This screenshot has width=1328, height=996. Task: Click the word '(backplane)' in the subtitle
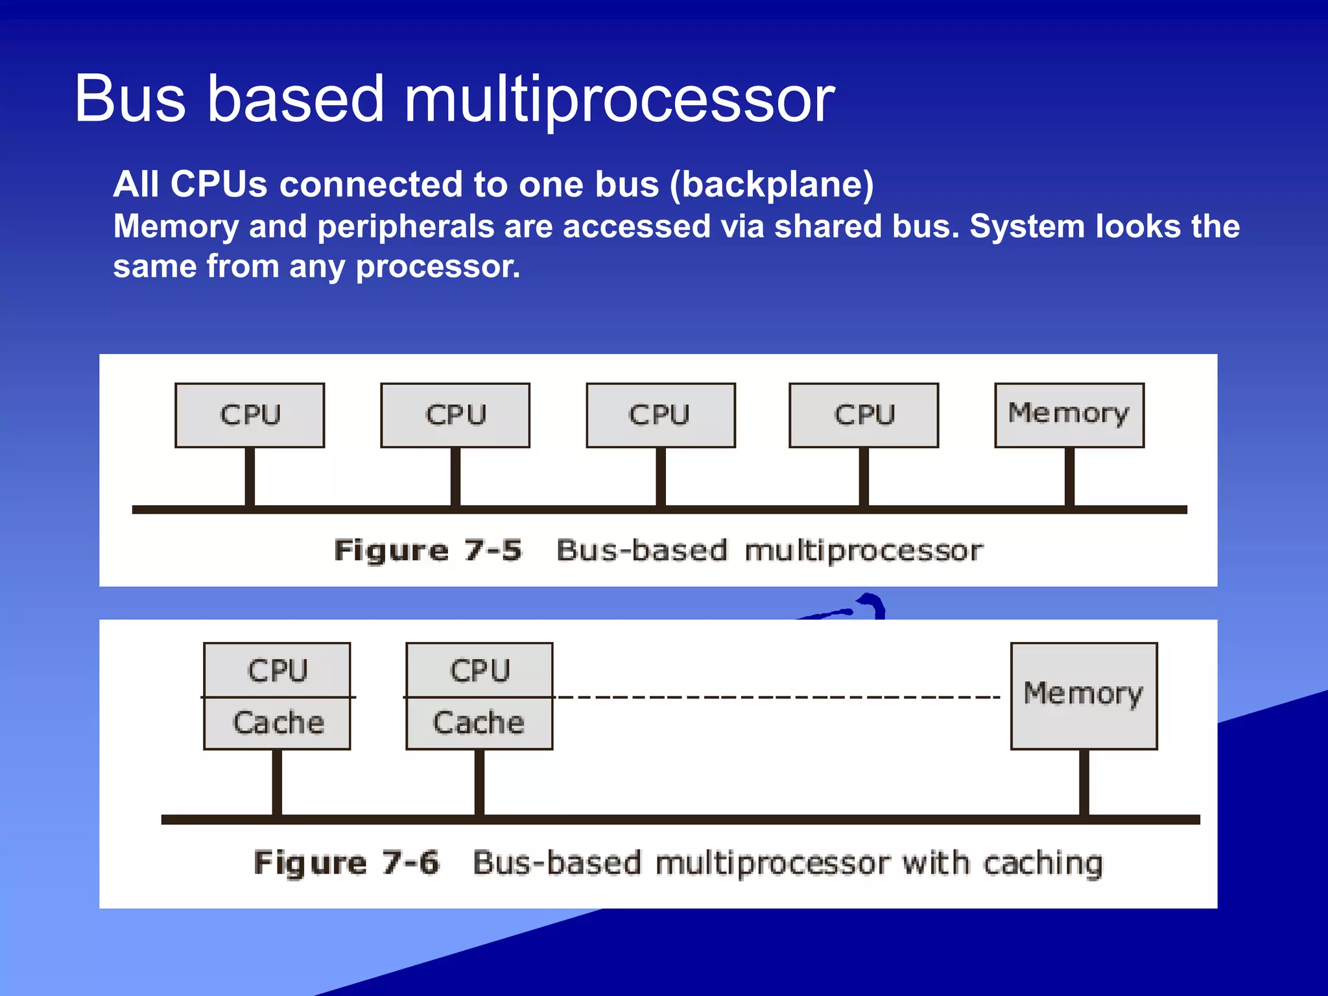pos(771,184)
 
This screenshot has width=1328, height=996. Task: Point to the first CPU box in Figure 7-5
pos(250,415)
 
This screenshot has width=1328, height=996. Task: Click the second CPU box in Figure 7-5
pos(455,415)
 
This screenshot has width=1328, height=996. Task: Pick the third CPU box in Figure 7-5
pos(660,415)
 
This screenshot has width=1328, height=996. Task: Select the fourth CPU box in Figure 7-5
pos(864,415)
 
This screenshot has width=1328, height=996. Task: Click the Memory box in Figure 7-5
pos(1069,415)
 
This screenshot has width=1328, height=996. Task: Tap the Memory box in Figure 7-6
pos(1084,696)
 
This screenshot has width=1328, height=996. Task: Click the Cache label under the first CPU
pos(278,723)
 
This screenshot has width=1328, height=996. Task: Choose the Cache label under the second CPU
pos(479,723)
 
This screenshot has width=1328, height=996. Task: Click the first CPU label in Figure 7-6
pos(278,670)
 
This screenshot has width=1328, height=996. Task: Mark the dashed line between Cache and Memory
pos(778,697)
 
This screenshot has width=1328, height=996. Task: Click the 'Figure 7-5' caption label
pos(427,551)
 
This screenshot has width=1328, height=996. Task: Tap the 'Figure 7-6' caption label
pos(346,863)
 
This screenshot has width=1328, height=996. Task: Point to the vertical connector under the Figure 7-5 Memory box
pos(1069,477)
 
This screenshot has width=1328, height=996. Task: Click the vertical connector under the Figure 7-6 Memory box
pos(1084,783)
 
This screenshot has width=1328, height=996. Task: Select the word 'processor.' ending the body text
pos(438,267)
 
